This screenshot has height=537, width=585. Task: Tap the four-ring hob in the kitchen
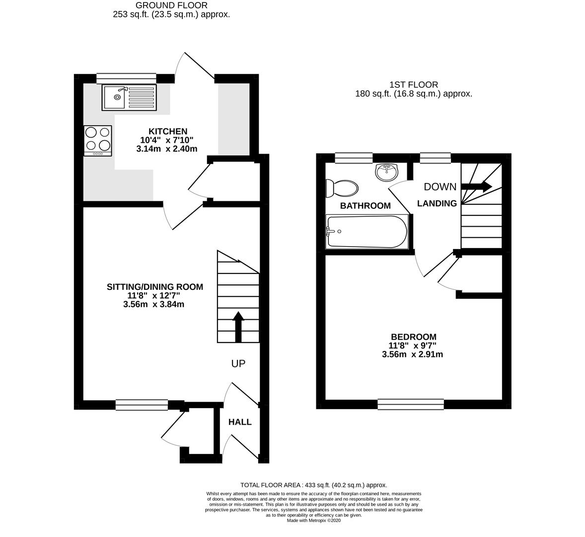coord(98,140)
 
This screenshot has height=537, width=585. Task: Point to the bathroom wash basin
coord(387,172)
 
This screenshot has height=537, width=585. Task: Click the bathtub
coord(366,231)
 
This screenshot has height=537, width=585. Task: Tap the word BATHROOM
coord(365,205)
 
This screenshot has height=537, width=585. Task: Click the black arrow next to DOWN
coord(476,186)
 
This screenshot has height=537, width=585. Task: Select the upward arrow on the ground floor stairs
coord(238,327)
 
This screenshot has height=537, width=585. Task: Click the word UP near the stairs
coord(238,364)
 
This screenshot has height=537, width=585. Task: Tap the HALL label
coord(240,422)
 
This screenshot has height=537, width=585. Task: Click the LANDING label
coord(437,203)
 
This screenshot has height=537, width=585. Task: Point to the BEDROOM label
coord(413,337)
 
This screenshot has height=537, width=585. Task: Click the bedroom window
coord(411,404)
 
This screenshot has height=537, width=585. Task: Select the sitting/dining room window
coord(142,405)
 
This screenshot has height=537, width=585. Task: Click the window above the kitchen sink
coord(126,78)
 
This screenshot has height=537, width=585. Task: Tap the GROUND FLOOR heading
coord(171,5)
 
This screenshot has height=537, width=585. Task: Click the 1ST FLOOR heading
coord(414,85)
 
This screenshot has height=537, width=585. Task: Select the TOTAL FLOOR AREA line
coord(313,485)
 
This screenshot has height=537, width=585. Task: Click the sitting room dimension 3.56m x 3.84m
coord(154,304)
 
